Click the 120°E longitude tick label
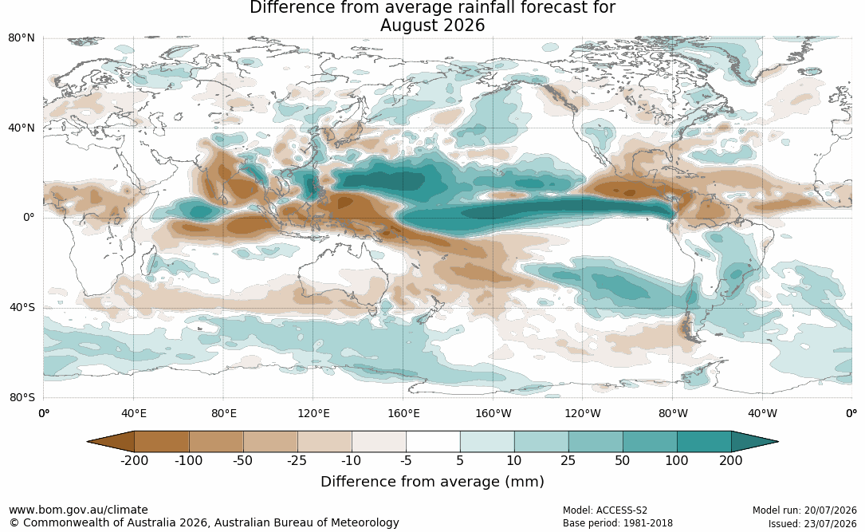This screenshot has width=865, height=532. click(x=313, y=413)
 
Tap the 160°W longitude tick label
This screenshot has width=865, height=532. click(x=493, y=413)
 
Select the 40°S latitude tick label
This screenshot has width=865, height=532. click(x=22, y=307)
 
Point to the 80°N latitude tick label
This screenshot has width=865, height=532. click(x=22, y=38)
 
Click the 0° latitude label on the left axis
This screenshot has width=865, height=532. click(x=29, y=218)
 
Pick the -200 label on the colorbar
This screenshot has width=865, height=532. click(x=134, y=460)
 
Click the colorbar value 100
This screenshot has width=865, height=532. click(x=677, y=460)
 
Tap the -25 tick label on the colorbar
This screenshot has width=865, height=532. click(x=297, y=460)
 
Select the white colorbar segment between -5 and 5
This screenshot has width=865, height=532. click(x=433, y=442)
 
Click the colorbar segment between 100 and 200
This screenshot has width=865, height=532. click(x=704, y=442)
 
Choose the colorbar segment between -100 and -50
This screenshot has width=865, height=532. click(x=216, y=442)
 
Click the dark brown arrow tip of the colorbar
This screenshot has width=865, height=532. click(x=89, y=442)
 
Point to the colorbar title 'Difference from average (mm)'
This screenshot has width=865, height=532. click(x=432, y=482)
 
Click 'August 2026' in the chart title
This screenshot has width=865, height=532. click(x=432, y=26)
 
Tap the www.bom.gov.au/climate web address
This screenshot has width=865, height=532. click(x=78, y=510)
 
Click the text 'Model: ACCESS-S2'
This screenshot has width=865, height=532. click(x=605, y=510)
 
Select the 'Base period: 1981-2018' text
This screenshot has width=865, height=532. click(x=618, y=523)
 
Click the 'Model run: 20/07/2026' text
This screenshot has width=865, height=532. click(x=805, y=510)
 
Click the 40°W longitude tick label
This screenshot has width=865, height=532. click(x=762, y=413)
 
